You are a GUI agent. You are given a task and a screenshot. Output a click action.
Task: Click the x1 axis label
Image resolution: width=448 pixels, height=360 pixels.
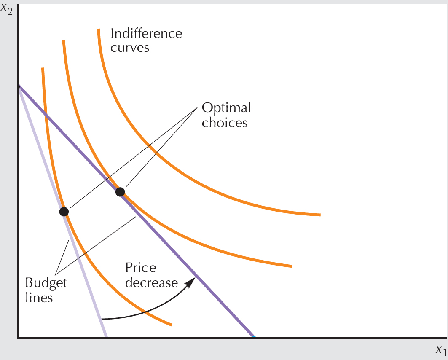[440, 349]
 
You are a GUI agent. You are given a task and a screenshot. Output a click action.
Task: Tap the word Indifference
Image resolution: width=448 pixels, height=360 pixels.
[146, 33]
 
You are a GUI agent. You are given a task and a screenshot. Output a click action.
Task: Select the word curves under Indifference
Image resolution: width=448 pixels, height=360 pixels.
[130, 47]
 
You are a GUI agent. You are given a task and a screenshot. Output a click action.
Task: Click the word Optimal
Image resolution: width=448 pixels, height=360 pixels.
[226, 108]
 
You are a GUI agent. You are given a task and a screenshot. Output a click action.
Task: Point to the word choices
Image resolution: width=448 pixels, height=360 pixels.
[225, 123]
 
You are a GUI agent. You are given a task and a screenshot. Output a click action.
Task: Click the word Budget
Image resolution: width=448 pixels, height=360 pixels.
[46, 282]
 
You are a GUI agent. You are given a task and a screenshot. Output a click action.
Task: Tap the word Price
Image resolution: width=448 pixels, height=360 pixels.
[141, 268]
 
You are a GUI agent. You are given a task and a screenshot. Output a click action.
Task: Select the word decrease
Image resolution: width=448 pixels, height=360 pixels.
[152, 282]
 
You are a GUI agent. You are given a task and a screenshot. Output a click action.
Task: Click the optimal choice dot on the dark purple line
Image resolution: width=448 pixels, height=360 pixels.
[120, 192]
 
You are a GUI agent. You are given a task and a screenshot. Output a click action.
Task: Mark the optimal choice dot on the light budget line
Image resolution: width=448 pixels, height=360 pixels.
[64, 211]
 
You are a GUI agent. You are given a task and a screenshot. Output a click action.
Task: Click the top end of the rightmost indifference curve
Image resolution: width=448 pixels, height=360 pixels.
[98, 30]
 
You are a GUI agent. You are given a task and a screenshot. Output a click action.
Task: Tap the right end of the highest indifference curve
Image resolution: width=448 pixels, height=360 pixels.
[319, 215]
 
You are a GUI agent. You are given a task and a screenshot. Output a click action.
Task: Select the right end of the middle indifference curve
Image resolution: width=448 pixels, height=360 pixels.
[291, 266]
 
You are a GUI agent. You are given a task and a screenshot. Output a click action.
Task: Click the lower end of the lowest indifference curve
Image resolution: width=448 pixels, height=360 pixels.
[171, 325]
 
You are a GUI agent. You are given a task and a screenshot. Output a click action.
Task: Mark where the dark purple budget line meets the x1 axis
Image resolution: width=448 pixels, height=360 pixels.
[254, 337]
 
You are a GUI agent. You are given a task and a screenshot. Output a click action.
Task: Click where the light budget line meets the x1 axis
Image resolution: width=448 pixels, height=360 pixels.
[106, 337]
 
